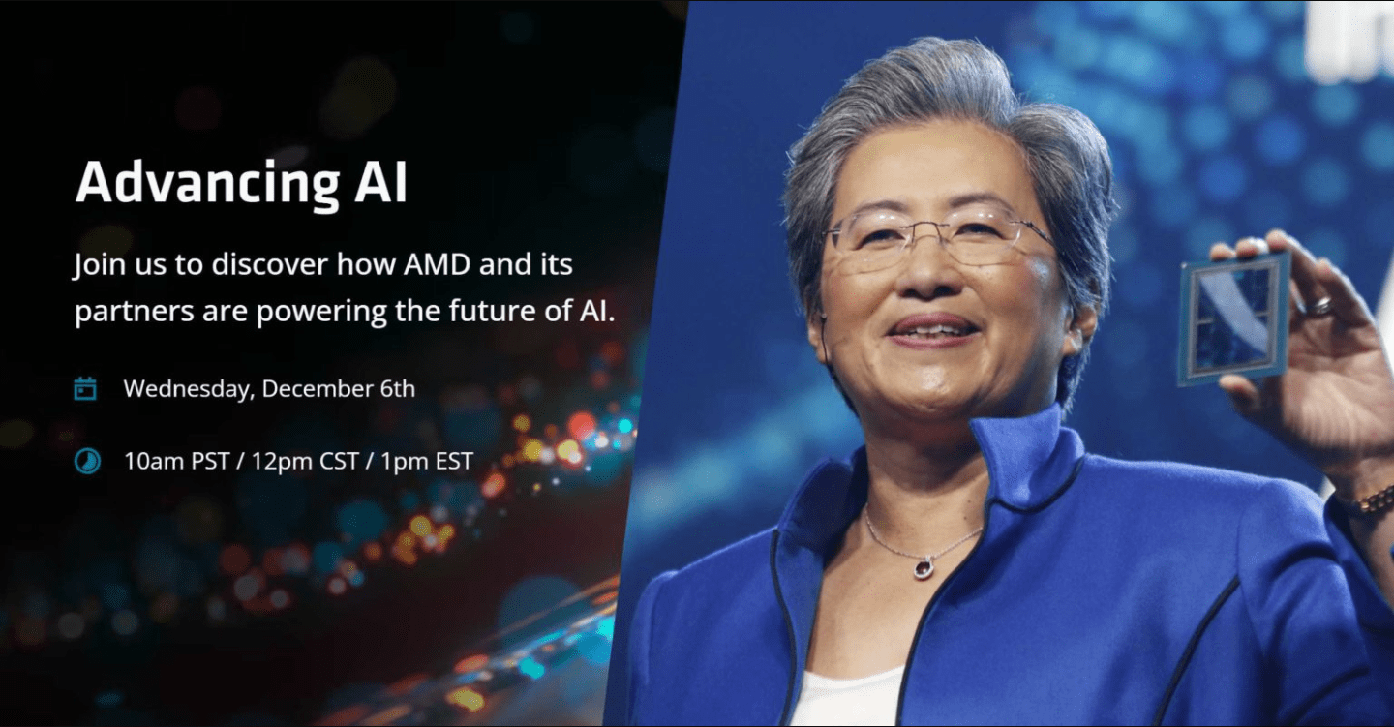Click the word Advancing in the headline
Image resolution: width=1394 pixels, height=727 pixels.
point(197,182)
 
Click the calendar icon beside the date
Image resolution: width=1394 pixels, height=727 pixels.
point(86,389)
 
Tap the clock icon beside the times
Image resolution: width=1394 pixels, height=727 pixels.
point(86,461)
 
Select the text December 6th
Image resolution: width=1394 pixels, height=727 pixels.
point(339,389)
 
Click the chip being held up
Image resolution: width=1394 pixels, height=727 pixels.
point(1233,318)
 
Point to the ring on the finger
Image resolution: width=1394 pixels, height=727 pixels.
point(1321,306)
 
